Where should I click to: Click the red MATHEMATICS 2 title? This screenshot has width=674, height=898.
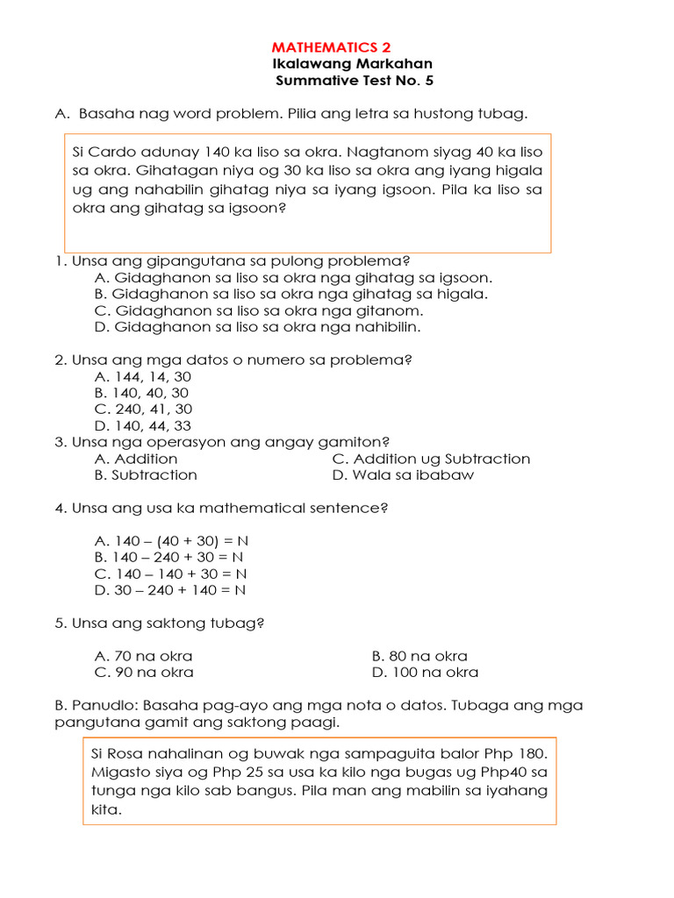tap(332, 47)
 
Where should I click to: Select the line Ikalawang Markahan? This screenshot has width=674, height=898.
tap(354, 64)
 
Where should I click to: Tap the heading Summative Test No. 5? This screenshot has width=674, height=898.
tap(355, 81)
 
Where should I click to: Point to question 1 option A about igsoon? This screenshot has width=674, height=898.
tap(293, 277)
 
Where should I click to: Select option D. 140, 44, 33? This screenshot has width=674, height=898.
tap(142, 425)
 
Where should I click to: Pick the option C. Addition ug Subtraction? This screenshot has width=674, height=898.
tap(431, 459)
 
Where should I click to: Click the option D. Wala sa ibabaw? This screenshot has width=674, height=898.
tap(403, 475)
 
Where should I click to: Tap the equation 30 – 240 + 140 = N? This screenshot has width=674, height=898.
tap(169, 590)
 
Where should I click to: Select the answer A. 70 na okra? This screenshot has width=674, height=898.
tap(143, 656)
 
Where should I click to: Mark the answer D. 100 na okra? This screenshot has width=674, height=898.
tap(425, 673)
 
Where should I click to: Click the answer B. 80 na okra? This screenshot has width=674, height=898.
tap(419, 656)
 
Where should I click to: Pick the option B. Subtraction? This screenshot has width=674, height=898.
tap(146, 475)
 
